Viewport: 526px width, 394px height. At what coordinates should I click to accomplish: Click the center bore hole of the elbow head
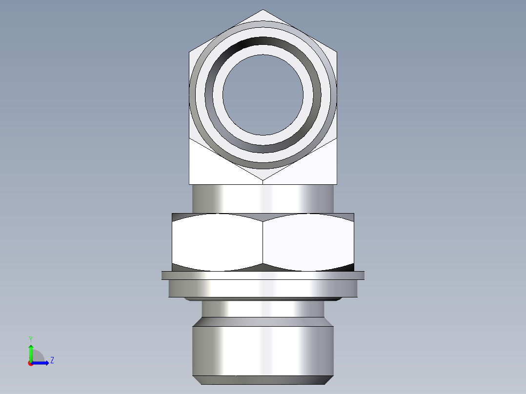263,95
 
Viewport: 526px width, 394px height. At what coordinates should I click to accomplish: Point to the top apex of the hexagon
263,10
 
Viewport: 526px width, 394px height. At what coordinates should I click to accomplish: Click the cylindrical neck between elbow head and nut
263,198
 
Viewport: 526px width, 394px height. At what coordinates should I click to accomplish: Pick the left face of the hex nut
217,242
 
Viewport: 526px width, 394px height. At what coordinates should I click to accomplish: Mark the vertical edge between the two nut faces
263,242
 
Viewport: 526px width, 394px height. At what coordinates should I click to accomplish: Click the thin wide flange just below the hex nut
263,276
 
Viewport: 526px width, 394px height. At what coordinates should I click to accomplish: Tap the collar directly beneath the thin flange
263,288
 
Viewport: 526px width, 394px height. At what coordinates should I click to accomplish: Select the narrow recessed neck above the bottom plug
263,308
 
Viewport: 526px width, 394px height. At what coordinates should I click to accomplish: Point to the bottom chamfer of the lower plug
263,380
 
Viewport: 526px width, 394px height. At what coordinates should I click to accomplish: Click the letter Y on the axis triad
30,338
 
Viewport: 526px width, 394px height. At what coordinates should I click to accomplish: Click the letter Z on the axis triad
52,360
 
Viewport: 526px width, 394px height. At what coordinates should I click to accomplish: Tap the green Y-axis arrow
31,352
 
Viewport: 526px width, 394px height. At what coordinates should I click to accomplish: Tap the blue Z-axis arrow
41,363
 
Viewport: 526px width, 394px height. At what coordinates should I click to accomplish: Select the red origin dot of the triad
30,363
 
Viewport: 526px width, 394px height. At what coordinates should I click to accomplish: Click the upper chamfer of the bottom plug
263,322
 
